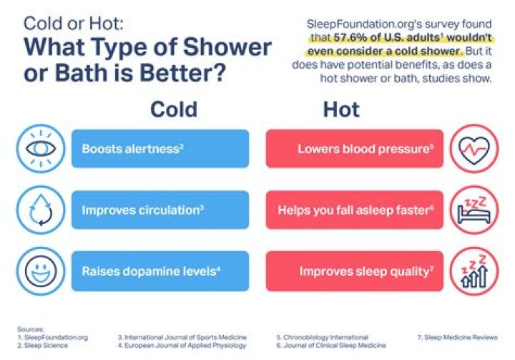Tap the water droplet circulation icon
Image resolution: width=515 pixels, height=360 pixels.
[36, 210]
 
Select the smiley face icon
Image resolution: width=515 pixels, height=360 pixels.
[36, 271]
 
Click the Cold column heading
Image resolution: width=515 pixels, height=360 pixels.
[173, 110]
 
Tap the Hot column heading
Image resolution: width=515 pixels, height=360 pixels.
[341, 110]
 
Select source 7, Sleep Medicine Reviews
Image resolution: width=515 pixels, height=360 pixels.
[456, 336]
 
